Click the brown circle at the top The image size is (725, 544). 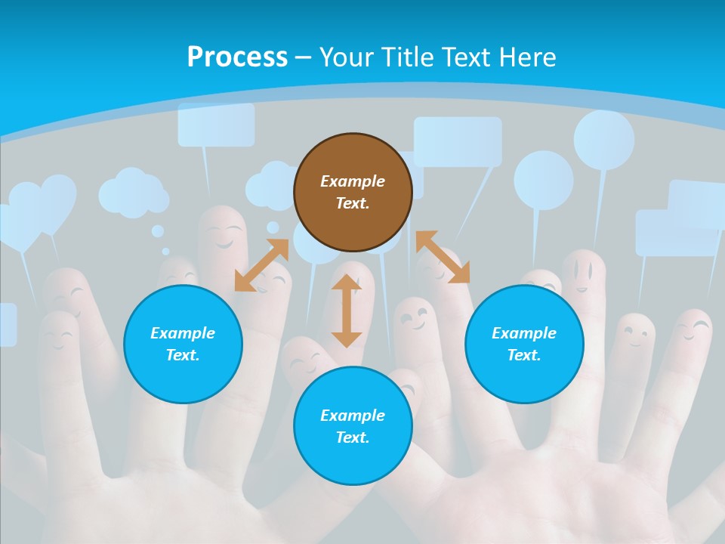click(x=353, y=193)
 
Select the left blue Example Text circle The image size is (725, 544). click(x=183, y=344)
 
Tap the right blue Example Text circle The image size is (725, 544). click(x=524, y=344)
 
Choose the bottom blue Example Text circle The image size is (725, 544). click(x=353, y=426)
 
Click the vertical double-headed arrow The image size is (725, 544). click(x=347, y=311)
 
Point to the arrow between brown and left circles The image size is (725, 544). click(x=261, y=265)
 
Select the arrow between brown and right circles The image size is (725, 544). click(x=443, y=257)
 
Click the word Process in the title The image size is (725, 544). click(x=237, y=57)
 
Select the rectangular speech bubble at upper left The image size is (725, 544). click(x=216, y=124)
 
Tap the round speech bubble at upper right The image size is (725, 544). click(x=603, y=140)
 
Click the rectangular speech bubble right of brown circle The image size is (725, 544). click(x=458, y=141)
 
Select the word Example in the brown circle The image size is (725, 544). click(x=353, y=181)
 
